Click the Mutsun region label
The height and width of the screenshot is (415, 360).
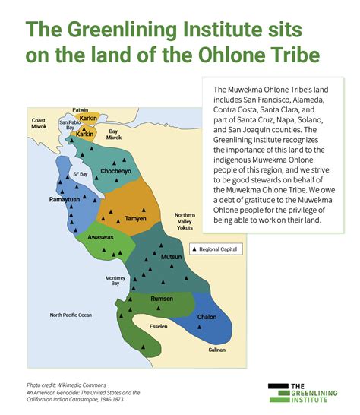coord(172,258)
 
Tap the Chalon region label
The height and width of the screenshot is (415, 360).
coord(207,317)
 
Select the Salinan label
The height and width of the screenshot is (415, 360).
coord(217,350)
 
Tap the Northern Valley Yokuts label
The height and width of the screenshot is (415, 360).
coord(185,220)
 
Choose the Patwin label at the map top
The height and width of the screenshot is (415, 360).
coord(81,110)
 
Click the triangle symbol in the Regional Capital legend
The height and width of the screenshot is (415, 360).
coord(193,249)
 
